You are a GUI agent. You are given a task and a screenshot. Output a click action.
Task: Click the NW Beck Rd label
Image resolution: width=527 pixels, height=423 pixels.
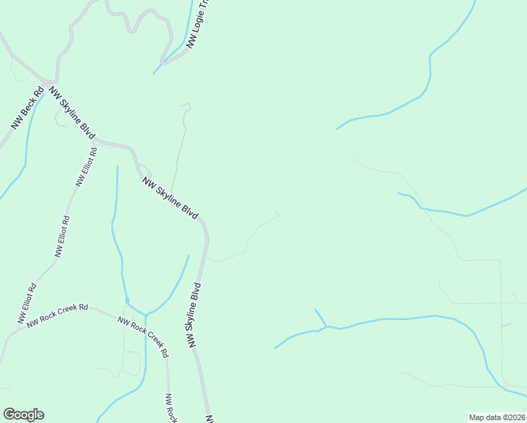click(x=27, y=108)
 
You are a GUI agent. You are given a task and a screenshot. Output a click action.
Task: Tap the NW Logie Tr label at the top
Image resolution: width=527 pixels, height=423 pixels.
click(x=198, y=25)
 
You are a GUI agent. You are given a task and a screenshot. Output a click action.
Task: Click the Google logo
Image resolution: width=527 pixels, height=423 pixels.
click(x=23, y=415)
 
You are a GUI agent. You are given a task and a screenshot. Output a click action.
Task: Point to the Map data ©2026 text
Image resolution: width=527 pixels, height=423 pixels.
click(x=497, y=417)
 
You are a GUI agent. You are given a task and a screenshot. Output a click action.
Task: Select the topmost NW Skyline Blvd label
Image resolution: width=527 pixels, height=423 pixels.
click(x=73, y=112)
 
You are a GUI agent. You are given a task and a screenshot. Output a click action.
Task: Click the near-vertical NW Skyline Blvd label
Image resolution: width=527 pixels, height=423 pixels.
click(x=194, y=315)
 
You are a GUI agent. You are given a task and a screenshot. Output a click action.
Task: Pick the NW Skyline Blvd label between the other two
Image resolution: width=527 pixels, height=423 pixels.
click(x=170, y=197)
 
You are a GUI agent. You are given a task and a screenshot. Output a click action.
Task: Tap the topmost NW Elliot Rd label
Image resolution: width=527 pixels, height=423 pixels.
click(x=86, y=167)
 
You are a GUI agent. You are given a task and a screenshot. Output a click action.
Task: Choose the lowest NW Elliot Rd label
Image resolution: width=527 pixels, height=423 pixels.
click(x=27, y=304)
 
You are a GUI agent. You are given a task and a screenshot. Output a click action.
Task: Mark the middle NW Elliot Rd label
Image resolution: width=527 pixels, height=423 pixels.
click(x=62, y=236)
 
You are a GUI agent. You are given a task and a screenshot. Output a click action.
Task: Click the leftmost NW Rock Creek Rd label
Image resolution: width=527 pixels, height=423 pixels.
click(x=57, y=315)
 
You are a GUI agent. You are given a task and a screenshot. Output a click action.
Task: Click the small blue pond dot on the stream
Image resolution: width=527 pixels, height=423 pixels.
click(x=127, y=302)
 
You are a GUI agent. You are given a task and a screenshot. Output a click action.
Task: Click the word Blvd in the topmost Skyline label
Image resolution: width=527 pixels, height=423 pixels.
click(x=87, y=129)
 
